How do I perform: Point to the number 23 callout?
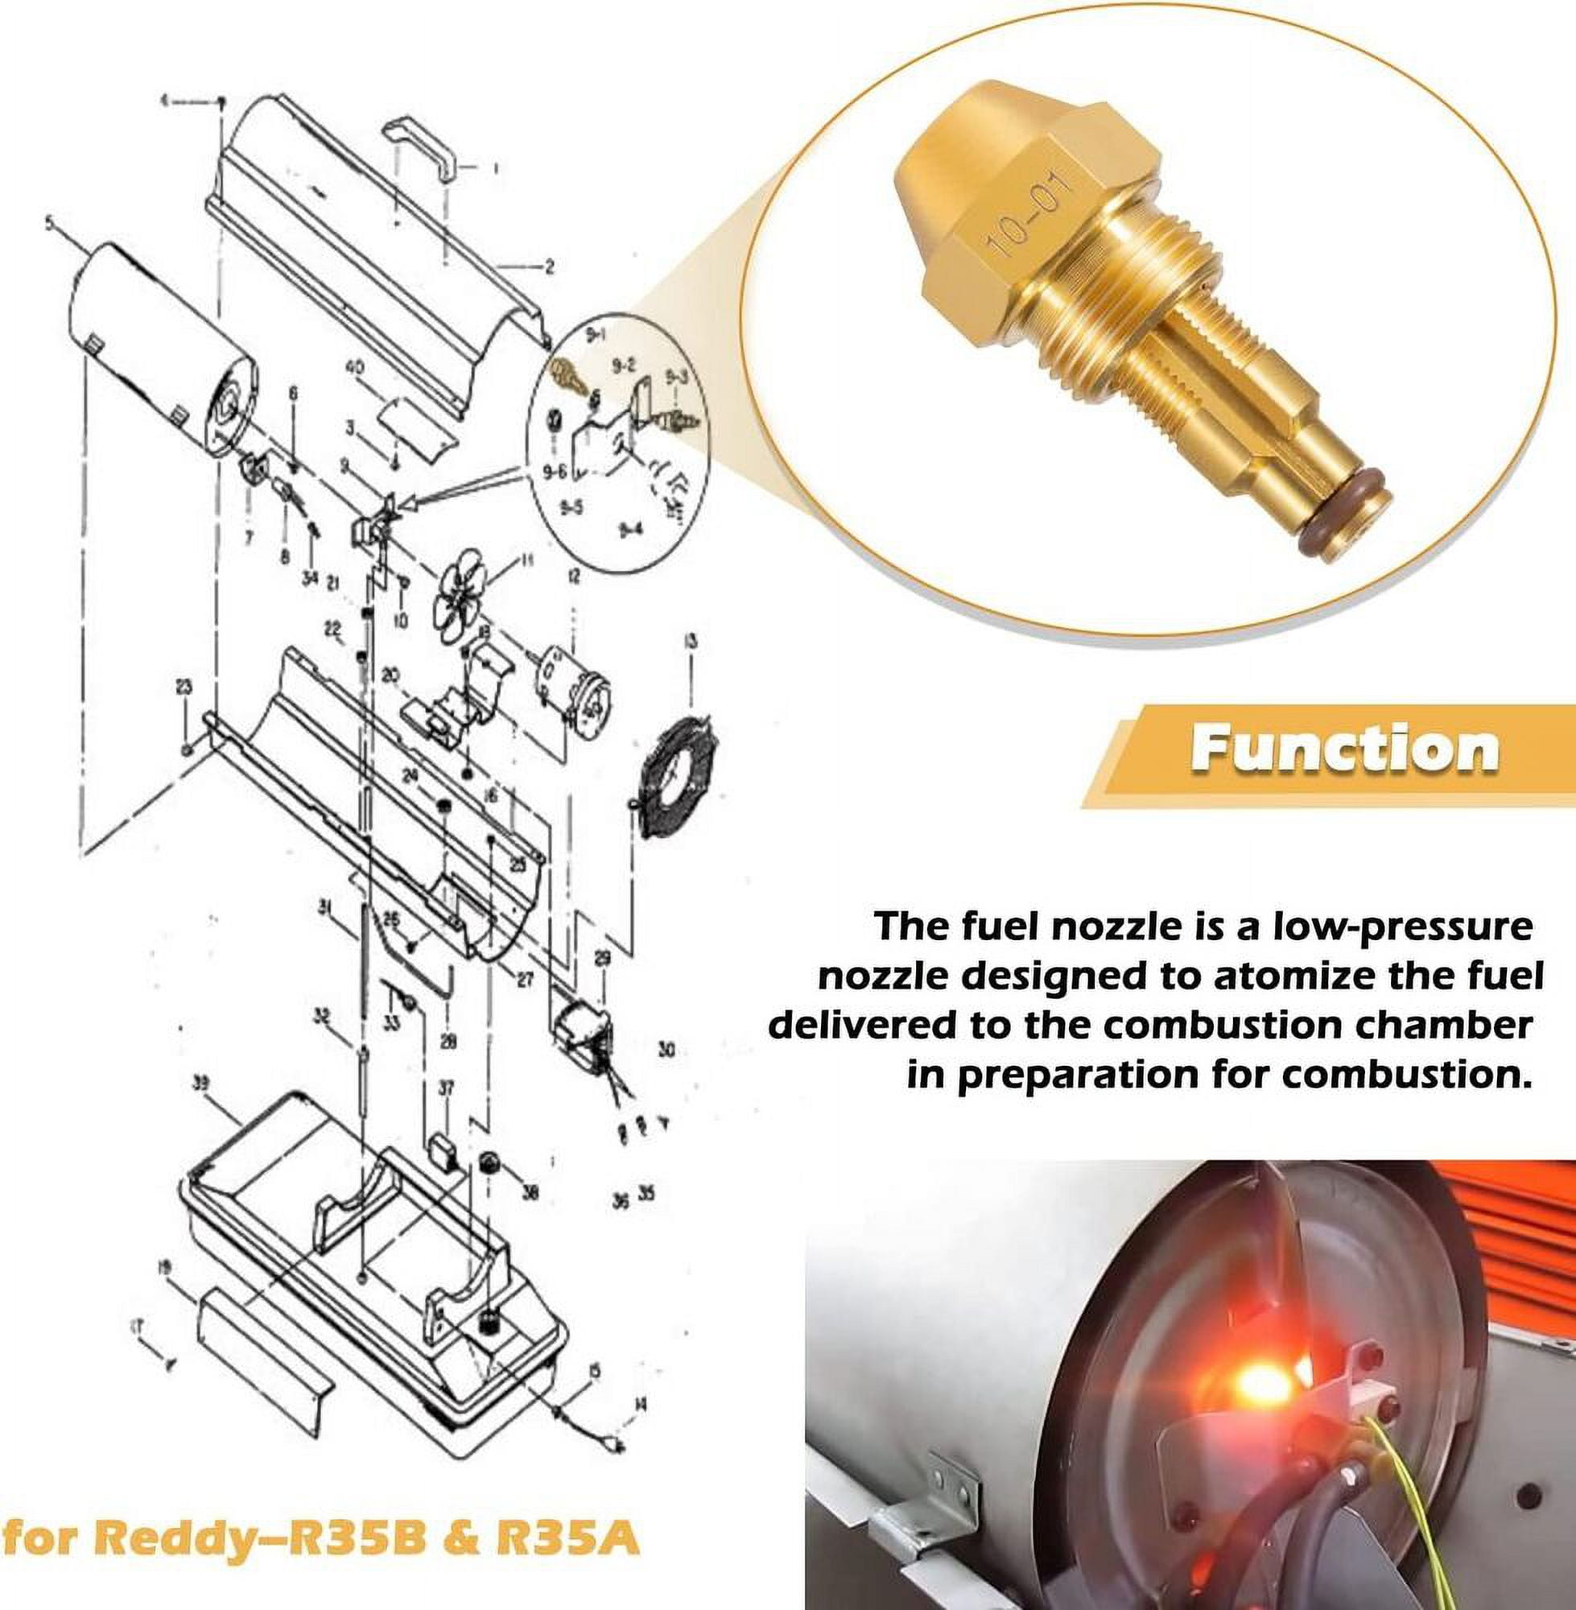184,685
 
